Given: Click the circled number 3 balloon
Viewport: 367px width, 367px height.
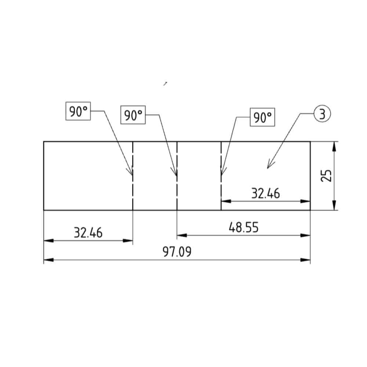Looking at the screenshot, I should pos(322,114).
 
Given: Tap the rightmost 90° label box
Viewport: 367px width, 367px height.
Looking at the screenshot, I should pos(262,117).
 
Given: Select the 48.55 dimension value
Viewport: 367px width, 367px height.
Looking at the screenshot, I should pos(243,228).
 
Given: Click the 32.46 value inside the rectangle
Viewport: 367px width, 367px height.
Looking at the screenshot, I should pos(265,193).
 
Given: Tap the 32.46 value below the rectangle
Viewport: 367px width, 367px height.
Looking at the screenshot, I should pos(88,233).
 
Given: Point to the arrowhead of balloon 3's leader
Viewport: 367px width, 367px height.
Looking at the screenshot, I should pos(269,167).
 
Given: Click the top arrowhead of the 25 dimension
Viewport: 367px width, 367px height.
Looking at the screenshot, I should pos(334,146).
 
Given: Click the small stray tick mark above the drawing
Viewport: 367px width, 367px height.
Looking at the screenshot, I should pos(166,84).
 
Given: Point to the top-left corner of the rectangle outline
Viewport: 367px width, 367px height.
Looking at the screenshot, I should pos(44,141).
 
